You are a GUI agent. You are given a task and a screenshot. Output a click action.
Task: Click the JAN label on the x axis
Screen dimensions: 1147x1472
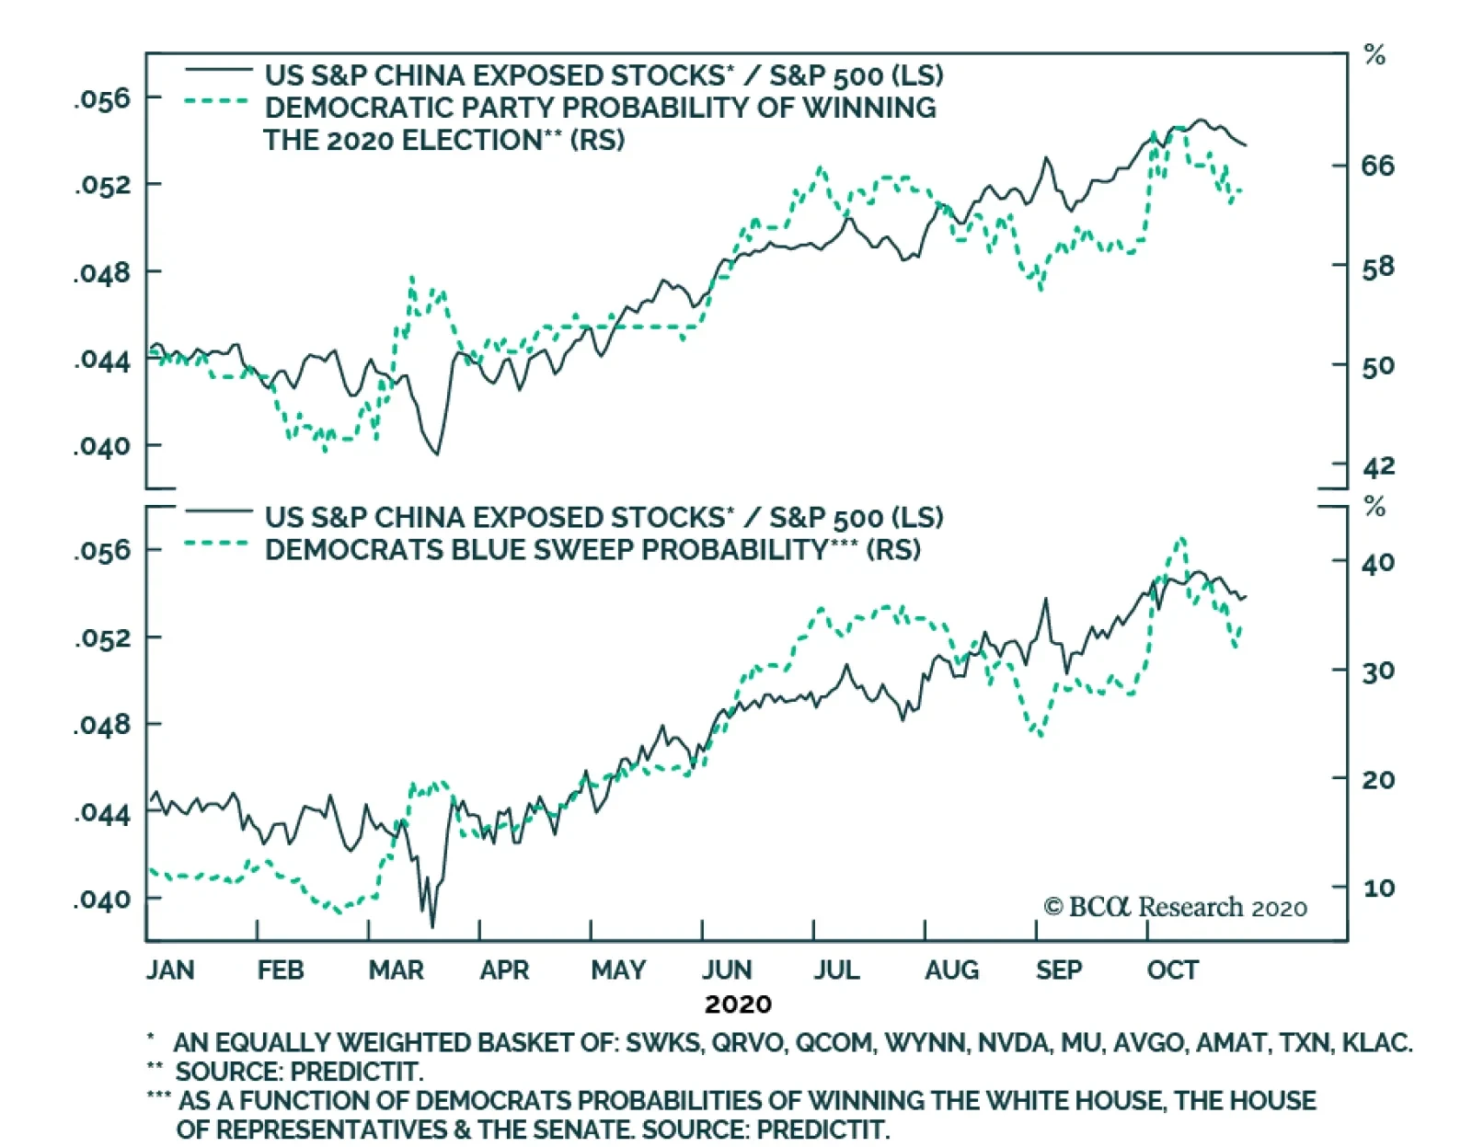[170, 969]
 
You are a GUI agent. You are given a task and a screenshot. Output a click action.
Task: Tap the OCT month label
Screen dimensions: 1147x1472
[1172, 969]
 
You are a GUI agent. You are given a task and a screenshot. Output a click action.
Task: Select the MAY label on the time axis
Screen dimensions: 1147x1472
[618, 969]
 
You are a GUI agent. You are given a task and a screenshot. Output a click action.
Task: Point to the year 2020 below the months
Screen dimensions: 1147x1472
[738, 1004]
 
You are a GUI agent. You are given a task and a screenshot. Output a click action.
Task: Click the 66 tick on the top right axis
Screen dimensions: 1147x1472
[1377, 166]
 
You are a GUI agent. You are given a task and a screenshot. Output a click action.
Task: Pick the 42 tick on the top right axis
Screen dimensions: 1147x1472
[1378, 466]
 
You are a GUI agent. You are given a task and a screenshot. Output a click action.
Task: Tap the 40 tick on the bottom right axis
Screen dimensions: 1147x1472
[1377, 563]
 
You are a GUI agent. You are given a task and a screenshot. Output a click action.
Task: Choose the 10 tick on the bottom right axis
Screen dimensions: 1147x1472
[1377, 889]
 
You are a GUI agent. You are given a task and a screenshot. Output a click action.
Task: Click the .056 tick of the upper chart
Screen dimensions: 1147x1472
[103, 98]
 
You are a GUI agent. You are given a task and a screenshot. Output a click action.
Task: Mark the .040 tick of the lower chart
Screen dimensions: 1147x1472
[103, 900]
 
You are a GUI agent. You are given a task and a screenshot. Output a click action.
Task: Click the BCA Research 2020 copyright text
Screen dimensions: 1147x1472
[1175, 908]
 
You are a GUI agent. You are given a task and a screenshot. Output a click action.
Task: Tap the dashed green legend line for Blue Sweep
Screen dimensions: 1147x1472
[217, 544]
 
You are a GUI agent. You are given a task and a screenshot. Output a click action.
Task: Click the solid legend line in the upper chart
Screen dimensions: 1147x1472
[219, 70]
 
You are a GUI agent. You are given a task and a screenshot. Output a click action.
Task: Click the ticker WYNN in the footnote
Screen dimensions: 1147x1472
[925, 1043]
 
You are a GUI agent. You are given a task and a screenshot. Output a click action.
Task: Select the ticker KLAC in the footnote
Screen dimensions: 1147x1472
[1376, 1043]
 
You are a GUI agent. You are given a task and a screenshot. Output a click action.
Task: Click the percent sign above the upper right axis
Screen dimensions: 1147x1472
[1374, 55]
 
